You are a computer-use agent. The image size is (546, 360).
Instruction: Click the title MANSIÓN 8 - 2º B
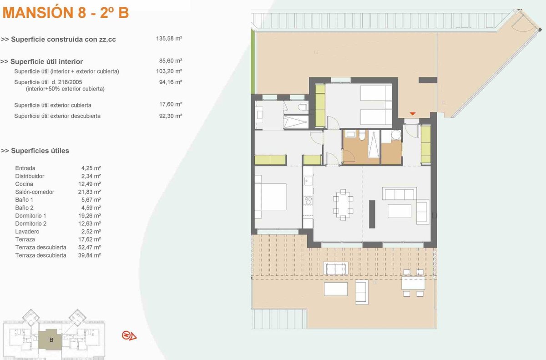pyautogui.click(x=66, y=13)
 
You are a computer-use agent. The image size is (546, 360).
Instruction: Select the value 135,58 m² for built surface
pyautogui.click(x=169, y=39)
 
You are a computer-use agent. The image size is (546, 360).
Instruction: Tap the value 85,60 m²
pyautogui.click(x=171, y=61)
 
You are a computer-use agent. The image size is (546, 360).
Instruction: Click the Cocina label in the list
pyautogui.click(x=24, y=184)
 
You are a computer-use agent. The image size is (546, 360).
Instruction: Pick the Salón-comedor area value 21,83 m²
pyautogui.click(x=90, y=192)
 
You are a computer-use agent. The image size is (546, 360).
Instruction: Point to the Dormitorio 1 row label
pyautogui.click(x=30, y=216)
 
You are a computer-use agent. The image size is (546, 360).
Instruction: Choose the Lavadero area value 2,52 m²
pyautogui.click(x=91, y=232)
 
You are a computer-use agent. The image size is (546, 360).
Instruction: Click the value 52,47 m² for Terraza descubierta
pyautogui.click(x=90, y=248)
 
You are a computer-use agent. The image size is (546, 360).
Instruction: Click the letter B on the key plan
pyautogui.click(x=51, y=340)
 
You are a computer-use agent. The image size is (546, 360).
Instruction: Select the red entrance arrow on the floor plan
pyautogui.click(x=412, y=114)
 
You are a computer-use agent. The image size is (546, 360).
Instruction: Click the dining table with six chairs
pyautogui.click(x=343, y=205)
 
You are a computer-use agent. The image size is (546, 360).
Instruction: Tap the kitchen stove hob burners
pyautogui.click(x=308, y=200)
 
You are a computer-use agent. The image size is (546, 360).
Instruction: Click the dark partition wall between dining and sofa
pyautogui.click(x=372, y=214)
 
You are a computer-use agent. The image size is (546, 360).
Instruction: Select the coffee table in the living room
pyautogui.click(x=399, y=211)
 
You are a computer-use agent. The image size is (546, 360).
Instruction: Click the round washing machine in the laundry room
pyautogui.click(x=396, y=135)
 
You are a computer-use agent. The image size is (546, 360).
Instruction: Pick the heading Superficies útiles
pyautogui.click(x=35, y=151)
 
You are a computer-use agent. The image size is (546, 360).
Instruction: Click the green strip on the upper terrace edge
pyautogui.click(x=253, y=61)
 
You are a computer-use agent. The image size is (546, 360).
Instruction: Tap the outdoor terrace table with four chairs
pyautogui.click(x=413, y=283)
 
